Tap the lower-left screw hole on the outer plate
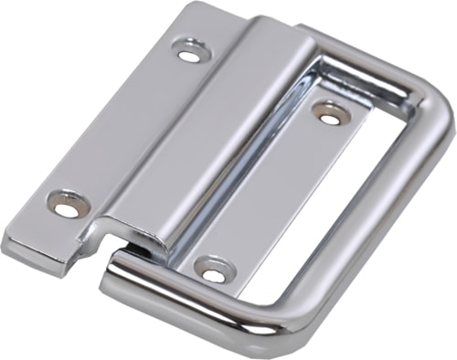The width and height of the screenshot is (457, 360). click(68, 206)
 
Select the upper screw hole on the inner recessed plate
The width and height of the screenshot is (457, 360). click(331, 112)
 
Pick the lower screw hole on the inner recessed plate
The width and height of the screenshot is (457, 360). click(213, 272)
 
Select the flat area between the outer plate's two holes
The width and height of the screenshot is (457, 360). click(128, 128)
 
